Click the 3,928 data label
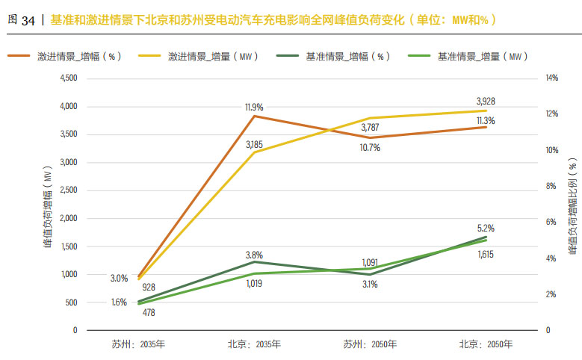coord(486,101)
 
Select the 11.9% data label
coord(254,108)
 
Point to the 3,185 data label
coord(254,143)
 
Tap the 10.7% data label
coord(370,148)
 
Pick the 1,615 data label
coord(486,255)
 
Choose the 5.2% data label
coord(486,228)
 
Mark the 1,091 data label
coord(370,262)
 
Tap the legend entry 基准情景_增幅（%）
coord(348,55)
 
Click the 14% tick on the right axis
coord(552,78)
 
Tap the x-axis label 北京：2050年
coord(486,344)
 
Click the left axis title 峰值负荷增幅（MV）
coord(48,208)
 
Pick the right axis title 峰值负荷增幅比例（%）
coord(572,207)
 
